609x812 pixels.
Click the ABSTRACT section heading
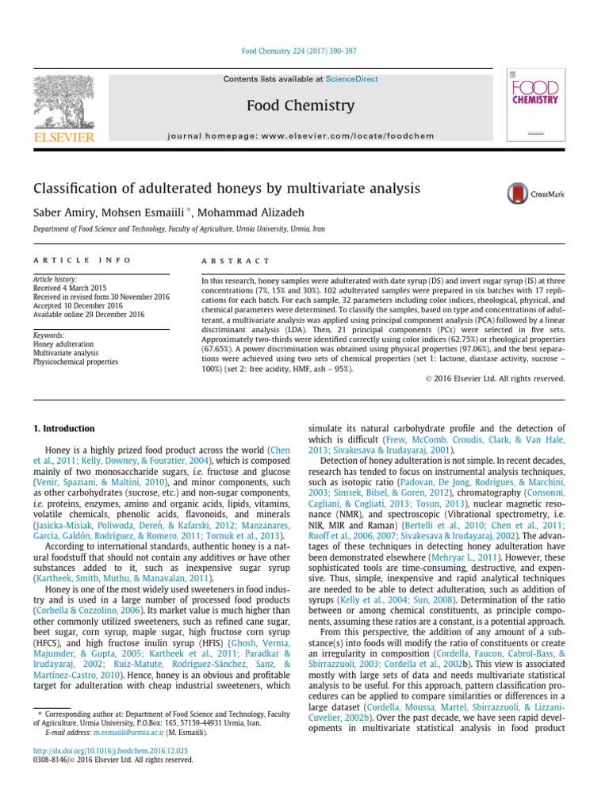[236, 261]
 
